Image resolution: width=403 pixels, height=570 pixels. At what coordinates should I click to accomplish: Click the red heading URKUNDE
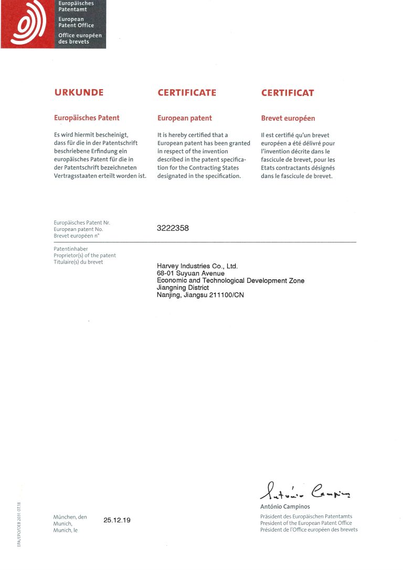[x=79, y=93]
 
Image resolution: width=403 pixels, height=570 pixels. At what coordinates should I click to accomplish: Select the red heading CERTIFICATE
[x=187, y=93]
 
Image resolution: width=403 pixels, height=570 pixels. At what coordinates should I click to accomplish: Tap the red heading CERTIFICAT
[x=288, y=93]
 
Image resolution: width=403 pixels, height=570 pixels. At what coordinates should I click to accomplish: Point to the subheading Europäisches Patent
[x=87, y=118]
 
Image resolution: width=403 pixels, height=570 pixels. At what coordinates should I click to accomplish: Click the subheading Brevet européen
[x=288, y=118]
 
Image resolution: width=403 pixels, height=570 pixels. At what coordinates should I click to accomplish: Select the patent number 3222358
[x=173, y=228]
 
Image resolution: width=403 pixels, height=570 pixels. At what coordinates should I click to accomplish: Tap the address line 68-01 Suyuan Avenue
[x=190, y=273]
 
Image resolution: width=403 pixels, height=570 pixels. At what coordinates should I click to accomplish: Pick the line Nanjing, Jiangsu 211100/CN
[x=200, y=295]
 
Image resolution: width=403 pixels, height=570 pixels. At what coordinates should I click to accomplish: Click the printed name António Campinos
[x=285, y=507]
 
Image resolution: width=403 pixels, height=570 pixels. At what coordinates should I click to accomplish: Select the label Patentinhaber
[x=71, y=249]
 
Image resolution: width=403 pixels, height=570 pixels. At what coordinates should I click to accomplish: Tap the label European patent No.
[x=78, y=229]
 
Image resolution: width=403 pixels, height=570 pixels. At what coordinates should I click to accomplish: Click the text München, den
[x=70, y=517]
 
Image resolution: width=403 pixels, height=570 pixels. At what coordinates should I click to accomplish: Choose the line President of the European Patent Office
[x=306, y=523]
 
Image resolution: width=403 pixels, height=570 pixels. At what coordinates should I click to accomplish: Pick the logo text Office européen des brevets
[x=80, y=38]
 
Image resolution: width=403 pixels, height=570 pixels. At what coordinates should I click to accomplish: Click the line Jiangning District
[x=183, y=288]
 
